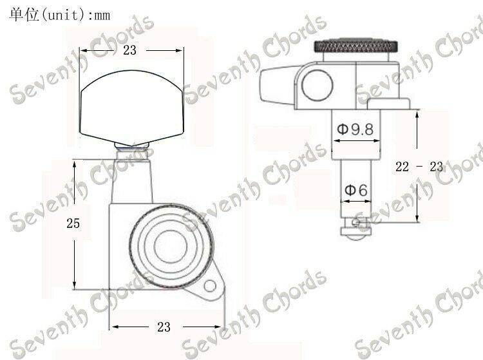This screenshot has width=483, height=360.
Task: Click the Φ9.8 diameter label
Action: (x=355, y=129)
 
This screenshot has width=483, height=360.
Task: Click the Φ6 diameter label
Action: (x=355, y=190)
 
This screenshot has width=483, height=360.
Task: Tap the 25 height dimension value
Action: (x=73, y=223)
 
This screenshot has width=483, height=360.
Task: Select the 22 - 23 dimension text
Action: (x=419, y=167)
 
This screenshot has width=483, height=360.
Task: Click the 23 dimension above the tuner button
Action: (x=129, y=50)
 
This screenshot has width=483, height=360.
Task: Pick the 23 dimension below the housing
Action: (x=164, y=327)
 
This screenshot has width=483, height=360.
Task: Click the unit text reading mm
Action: (x=102, y=15)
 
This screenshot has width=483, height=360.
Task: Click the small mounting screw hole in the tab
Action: (x=210, y=286)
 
